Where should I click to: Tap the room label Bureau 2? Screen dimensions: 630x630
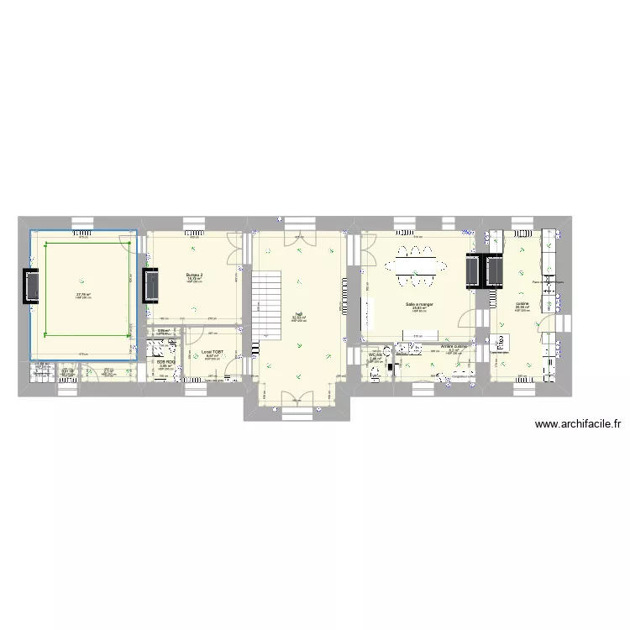tap(195, 275)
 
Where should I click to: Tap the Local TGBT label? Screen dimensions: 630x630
tap(212, 352)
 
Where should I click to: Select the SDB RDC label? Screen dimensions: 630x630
tap(165, 362)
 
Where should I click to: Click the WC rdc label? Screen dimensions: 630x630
tap(375, 355)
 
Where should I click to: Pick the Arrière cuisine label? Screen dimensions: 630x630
tap(454, 346)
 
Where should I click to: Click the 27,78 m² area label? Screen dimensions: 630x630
tap(83, 294)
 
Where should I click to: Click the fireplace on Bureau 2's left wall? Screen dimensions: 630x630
tap(153, 286)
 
